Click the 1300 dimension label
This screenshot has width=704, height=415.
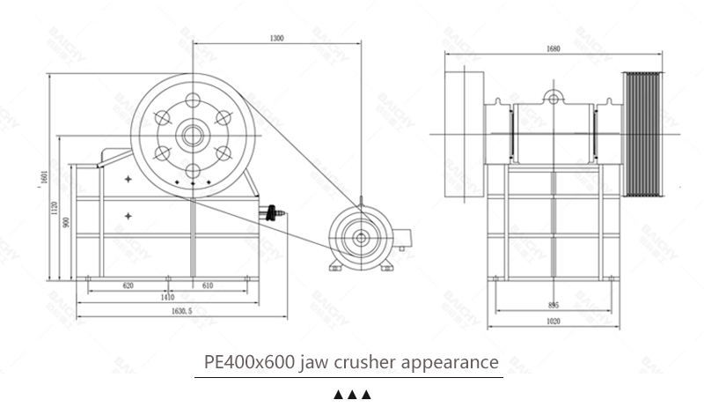[x=276, y=39]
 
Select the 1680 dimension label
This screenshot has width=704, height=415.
[x=554, y=49]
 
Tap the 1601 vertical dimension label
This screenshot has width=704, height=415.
[x=41, y=179]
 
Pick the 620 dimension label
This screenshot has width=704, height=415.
[x=128, y=286]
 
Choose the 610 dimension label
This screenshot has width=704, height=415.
[x=208, y=286]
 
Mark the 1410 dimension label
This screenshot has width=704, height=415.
[x=167, y=298]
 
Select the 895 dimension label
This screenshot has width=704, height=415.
[x=553, y=305]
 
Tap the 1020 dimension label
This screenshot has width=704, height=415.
[x=553, y=321]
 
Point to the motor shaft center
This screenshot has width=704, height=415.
[x=362, y=235]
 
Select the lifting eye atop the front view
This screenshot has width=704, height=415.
[x=553, y=94]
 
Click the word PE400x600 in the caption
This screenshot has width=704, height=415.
[x=249, y=361]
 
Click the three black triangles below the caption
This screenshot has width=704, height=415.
[x=352, y=394]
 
